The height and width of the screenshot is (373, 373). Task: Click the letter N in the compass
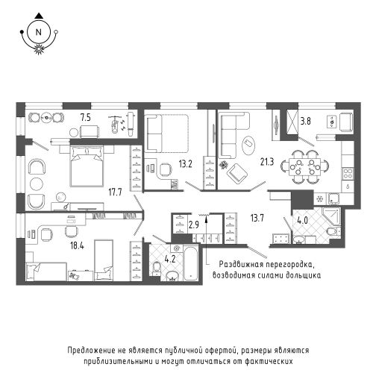pos(39,32)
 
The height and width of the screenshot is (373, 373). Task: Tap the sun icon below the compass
pos(39,48)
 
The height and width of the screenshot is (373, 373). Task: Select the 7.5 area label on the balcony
pos(86,117)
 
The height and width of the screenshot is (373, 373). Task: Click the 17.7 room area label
pos(115,192)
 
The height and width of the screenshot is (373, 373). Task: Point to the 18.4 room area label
pos(77,246)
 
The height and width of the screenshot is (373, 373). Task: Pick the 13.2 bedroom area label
pos(186,164)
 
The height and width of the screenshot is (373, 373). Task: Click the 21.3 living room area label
pos(267,162)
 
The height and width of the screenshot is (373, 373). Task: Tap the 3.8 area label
pos(305,122)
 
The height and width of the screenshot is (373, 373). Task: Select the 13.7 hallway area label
pos(257,219)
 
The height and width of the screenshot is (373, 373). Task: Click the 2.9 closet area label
pos(194,225)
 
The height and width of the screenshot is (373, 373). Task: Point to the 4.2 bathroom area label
pos(170,259)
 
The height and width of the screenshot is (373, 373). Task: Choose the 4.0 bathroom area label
pos(303,220)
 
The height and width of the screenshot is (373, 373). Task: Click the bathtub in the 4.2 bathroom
pos(191,263)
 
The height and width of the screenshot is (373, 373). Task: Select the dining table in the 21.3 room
pos(304,166)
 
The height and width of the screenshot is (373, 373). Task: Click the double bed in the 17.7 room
pos(87,166)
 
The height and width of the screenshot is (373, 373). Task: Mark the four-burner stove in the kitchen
pos(348,174)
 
